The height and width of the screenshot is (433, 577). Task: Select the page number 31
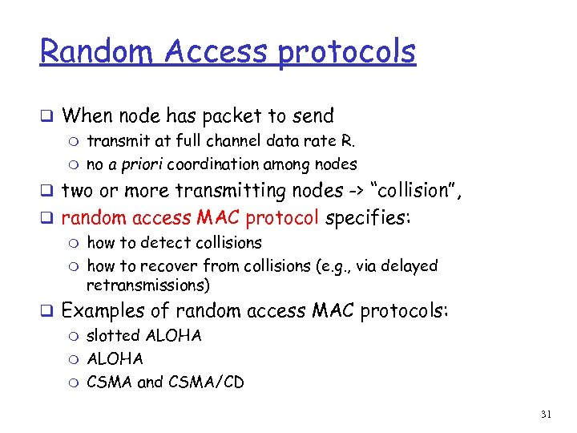547,414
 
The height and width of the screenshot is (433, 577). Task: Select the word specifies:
369,217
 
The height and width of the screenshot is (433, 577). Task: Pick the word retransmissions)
148,285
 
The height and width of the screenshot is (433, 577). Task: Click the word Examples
115,311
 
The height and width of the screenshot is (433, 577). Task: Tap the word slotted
113,335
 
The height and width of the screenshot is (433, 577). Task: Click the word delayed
408,265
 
